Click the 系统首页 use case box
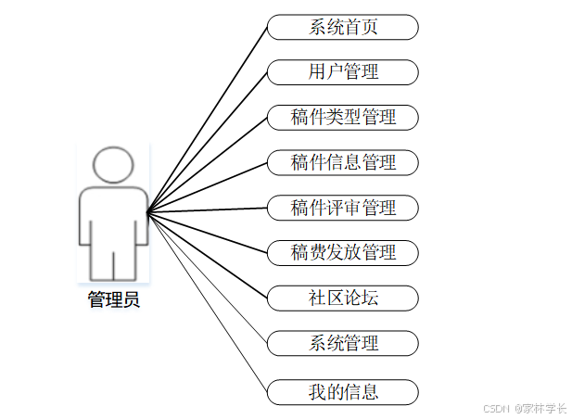pyautogui.click(x=343, y=27)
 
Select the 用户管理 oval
pyautogui.click(x=343, y=71)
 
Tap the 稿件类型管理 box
pyautogui.click(x=343, y=117)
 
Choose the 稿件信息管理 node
pyautogui.click(x=343, y=162)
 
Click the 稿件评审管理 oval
pyautogui.click(x=343, y=208)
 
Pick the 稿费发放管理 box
pyautogui.click(x=343, y=251)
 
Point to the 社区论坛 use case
pyautogui.click(x=343, y=298)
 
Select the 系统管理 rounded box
pyautogui.click(x=343, y=343)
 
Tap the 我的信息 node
pyautogui.click(x=343, y=391)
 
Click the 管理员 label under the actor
pyautogui.click(x=114, y=299)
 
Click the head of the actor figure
pyautogui.click(x=113, y=165)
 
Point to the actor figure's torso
pyautogui.click(x=113, y=218)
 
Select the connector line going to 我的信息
pyautogui.click(x=208, y=302)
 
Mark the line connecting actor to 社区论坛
pyautogui.click(x=208, y=256)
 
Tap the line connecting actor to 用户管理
pyautogui.click(x=208, y=141)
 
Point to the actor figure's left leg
pyautogui.click(x=101, y=264)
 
